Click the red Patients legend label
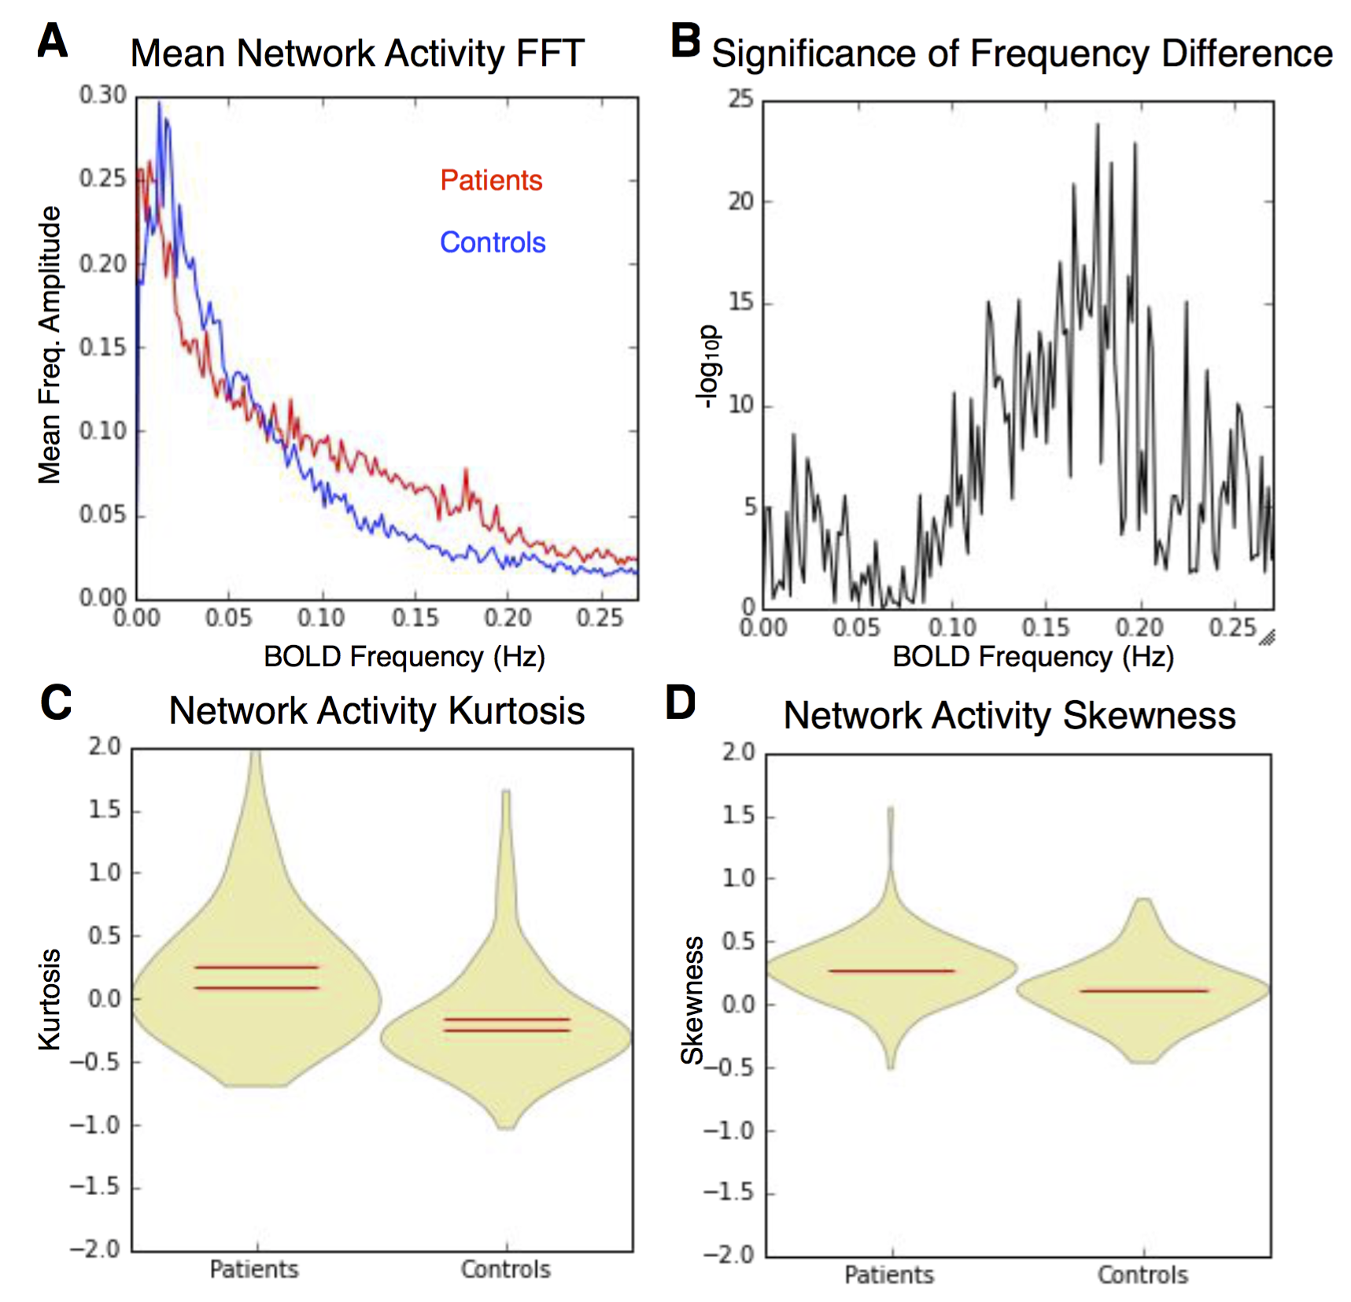[x=491, y=180]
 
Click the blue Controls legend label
[x=493, y=242]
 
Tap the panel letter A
[x=53, y=41]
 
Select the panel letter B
[x=685, y=41]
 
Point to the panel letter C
[x=56, y=703]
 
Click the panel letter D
[x=681, y=703]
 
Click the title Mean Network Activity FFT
[x=357, y=53]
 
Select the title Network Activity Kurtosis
[x=377, y=711]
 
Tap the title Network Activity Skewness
[x=1010, y=716]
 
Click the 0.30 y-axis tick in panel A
[x=103, y=95]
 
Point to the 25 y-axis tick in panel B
[x=740, y=99]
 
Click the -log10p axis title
[x=707, y=367]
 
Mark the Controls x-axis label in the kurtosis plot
[x=506, y=1269]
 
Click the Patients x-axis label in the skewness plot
[x=889, y=1274]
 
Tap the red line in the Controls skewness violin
[x=1143, y=990]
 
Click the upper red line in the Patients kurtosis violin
[x=257, y=967]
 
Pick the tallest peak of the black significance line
[x=1098, y=124]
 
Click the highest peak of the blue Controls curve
[x=159, y=102]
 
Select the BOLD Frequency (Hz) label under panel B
[x=1033, y=656]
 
